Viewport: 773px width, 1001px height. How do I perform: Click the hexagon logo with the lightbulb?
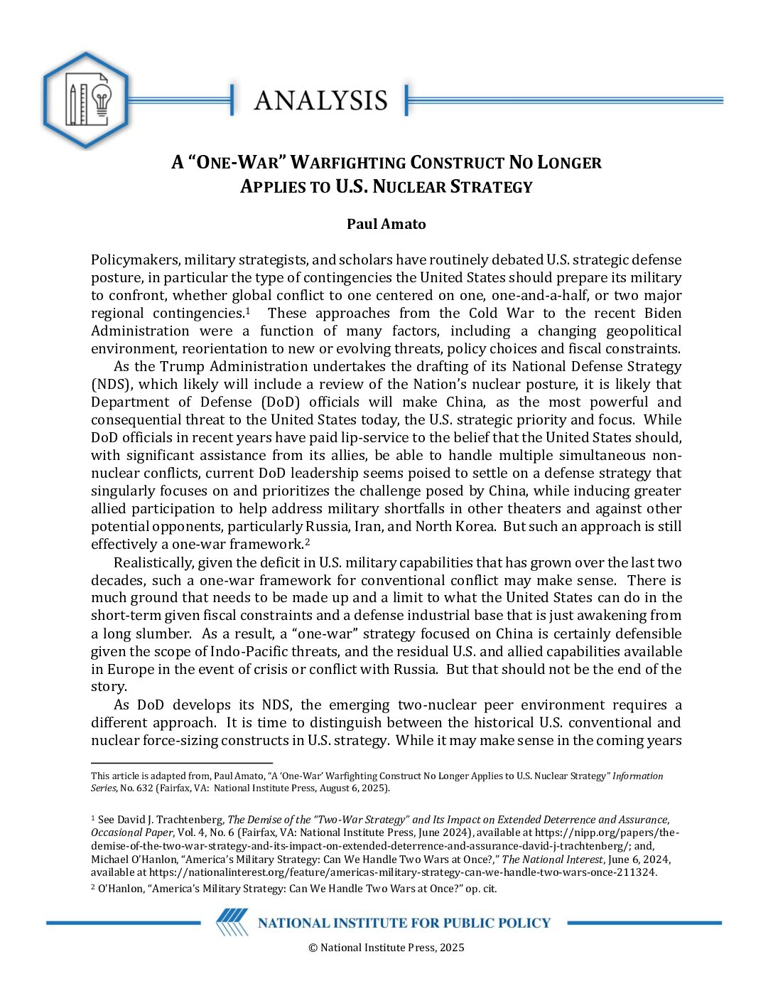[86, 100]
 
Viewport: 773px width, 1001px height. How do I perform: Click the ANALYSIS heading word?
[320, 101]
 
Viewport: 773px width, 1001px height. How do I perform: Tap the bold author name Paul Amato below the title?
[386, 224]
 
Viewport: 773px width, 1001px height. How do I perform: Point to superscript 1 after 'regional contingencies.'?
[247, 310]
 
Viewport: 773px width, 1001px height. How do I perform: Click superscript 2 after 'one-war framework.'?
[307, 541]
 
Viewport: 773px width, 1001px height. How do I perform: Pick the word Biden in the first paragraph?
[662, 314]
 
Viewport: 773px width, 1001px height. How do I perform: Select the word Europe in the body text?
[126, 670]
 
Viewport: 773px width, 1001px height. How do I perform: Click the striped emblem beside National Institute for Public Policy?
[232, 922]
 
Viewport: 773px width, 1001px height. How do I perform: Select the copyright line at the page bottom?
[386, 947]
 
